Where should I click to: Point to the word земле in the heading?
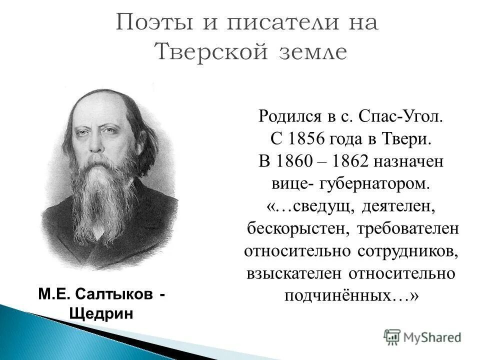point(310,51)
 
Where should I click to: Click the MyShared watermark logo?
point(422,336)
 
